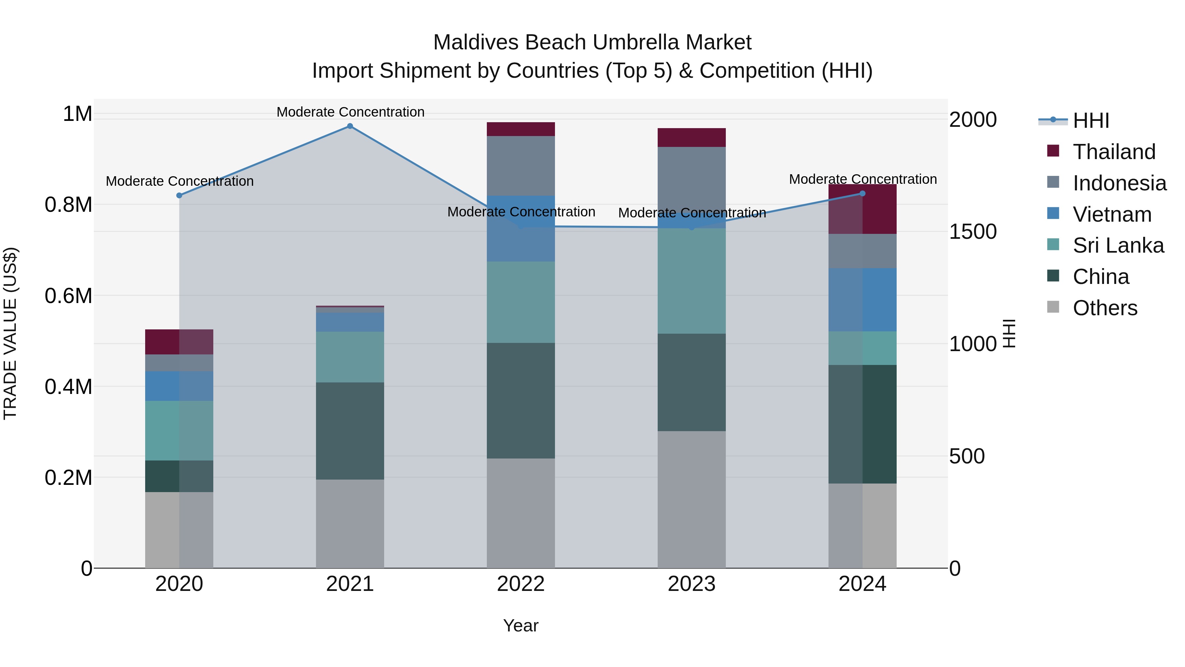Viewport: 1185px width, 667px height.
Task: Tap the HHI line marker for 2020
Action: pos(179,196)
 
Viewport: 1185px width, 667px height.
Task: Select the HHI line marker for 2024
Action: pos(862,194)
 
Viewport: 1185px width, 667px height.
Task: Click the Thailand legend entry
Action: pos(1113,152)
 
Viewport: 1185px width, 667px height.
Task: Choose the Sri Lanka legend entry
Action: pos(1118,245)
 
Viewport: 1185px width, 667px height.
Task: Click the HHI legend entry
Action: pos(1091,121)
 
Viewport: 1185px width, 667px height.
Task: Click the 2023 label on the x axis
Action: pos(691,584)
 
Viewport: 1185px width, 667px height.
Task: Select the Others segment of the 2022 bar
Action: pos(521,513)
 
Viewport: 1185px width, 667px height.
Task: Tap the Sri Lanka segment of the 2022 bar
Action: pos(521,302)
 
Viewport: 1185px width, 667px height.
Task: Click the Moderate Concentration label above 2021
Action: pos(350,112)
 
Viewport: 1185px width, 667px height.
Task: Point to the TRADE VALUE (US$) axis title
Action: pos(10,333)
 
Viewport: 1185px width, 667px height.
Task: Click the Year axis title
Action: pos(521,625)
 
